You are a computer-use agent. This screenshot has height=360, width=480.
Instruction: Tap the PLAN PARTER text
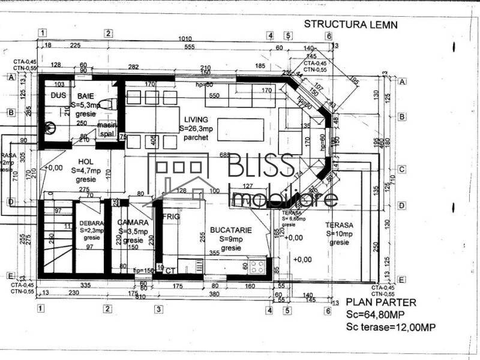pyautogui.click(x=376, y=302)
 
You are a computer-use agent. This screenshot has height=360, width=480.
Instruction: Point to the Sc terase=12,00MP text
pyautogui.click(x=391, y=327)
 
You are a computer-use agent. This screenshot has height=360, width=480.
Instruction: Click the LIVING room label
pyautogui.click(x=196, y=119)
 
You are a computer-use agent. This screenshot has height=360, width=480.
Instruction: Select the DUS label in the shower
pyautogui.click(x=58, y=95)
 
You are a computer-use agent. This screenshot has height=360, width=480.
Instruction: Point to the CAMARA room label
pyautogui.click(x=133, y=222)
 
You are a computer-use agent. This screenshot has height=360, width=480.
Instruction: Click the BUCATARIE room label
pyautogui.click(x=230, y=230)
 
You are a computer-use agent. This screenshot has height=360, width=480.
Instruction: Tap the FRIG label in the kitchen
pyautogui.click(x=171, y=217)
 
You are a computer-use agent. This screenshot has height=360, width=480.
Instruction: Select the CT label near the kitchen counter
pyautogui.click(x=171, y=271)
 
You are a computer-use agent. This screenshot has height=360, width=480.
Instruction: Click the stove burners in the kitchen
pyautogui.click(x=258, y=265)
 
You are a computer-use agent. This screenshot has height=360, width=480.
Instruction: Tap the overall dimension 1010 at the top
pyautogui.click(x=185, y=39)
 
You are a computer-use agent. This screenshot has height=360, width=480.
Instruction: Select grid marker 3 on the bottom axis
pyautogui.click(x=158, y=310)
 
